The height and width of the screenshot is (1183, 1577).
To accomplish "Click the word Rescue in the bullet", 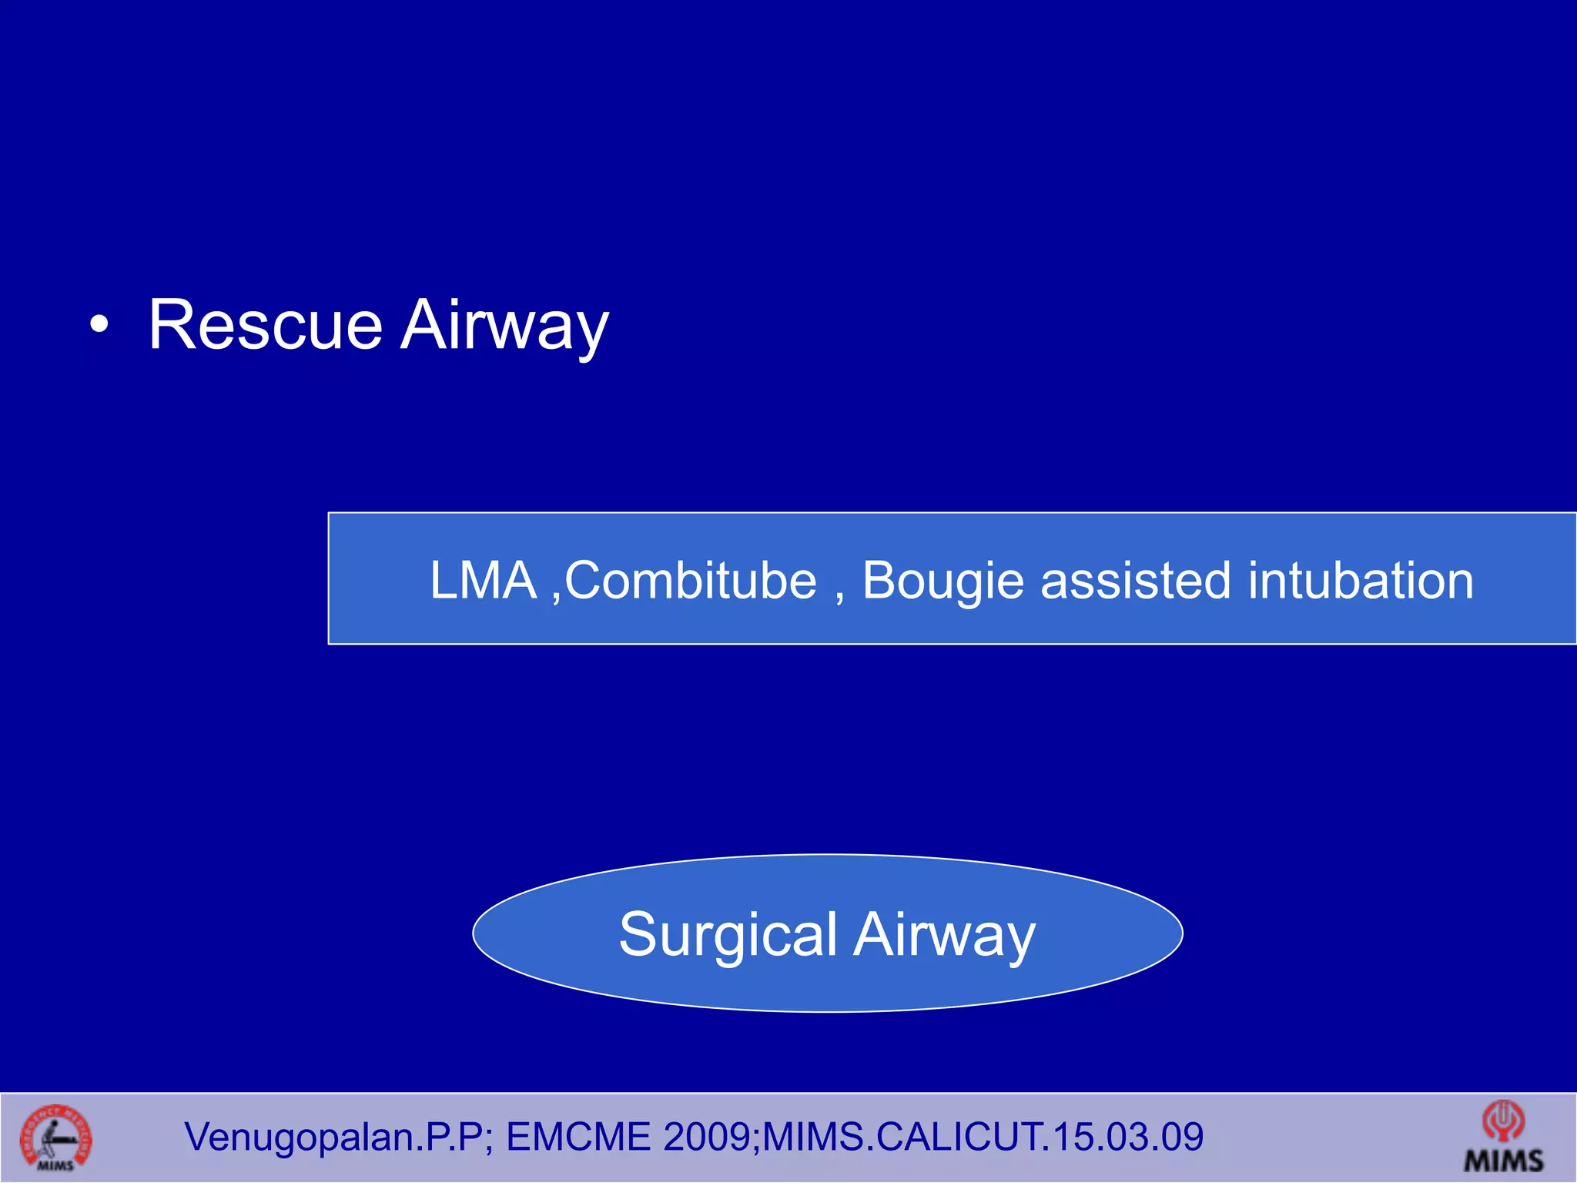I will click(265, 325).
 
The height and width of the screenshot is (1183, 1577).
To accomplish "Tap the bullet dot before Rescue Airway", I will click(99, 327).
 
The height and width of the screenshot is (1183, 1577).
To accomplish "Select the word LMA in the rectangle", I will click(483, 580).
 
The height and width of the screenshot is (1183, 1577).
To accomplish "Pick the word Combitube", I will click(691, 580).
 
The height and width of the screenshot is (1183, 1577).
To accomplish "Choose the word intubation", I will click(1361, 580).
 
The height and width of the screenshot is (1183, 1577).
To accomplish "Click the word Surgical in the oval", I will click(728, 934).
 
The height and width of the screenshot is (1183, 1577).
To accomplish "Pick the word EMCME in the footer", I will click(579, 1137).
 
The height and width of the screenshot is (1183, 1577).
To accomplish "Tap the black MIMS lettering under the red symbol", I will click(1504, 1160).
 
